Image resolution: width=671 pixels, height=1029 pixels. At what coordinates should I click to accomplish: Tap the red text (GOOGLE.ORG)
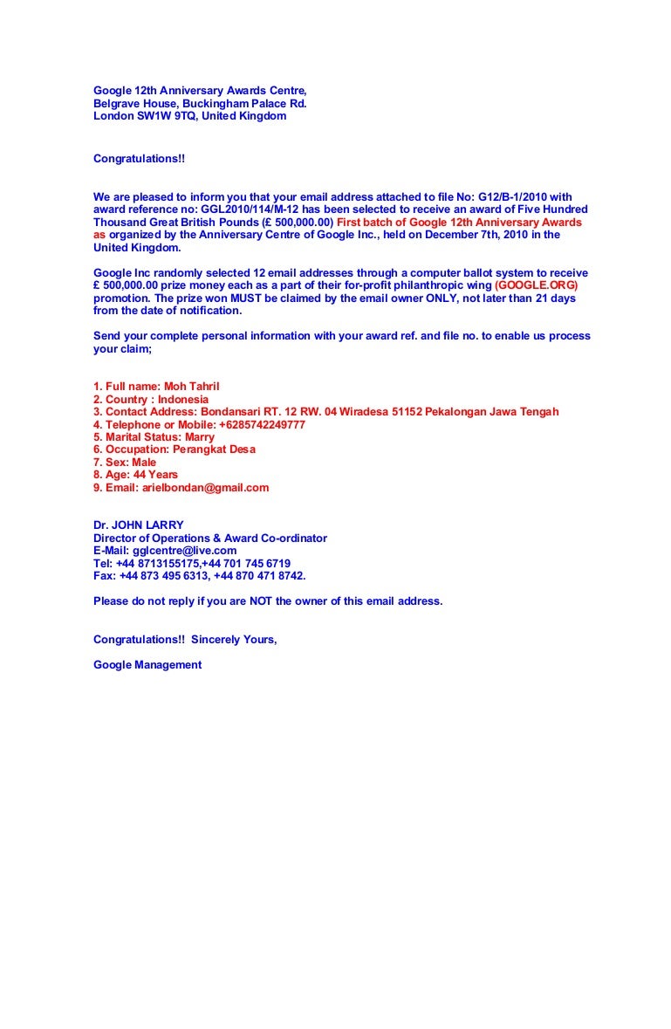click(537, 285)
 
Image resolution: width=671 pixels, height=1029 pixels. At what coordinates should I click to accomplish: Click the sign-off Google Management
click(147, 665)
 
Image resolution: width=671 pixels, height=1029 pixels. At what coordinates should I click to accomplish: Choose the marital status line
click(154, 437)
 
